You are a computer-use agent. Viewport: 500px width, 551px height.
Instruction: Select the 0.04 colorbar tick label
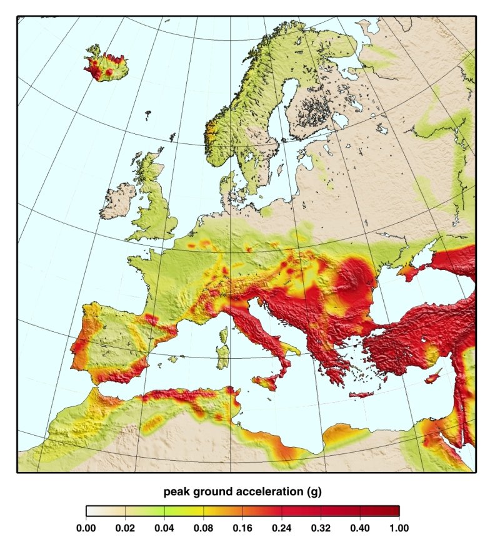[164, 528]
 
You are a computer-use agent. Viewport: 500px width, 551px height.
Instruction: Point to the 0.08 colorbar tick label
[203, 528]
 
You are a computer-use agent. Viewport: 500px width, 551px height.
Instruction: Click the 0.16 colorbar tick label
[242, 528]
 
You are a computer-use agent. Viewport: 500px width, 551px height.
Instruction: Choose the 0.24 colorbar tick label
[281, 528]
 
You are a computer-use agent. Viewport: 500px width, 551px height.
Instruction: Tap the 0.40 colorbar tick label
[359, 528]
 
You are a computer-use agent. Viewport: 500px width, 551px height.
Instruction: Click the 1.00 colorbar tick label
[399, 528]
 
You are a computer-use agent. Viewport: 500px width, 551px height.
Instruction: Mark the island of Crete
[361, 394]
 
